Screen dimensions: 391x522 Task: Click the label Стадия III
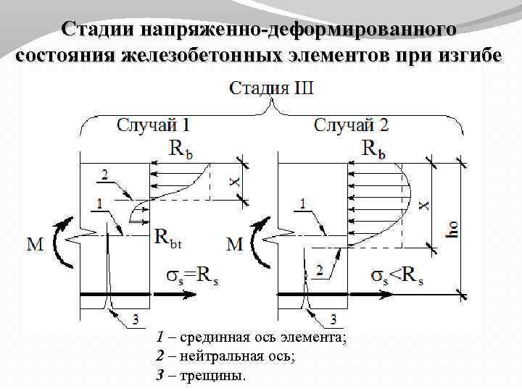point(272,90)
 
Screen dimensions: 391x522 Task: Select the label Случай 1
point(154,125)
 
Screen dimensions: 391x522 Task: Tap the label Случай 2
point(352,125)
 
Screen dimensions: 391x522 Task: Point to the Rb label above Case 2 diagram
point(373,149)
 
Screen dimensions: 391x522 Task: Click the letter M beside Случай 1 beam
point(35,245)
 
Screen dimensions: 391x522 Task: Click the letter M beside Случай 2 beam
point(234,245)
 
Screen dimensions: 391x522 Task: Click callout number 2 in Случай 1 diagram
point(105,175)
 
